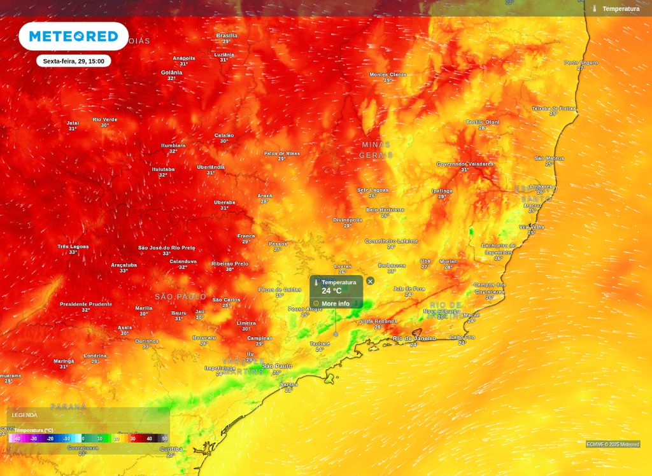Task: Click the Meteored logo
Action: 73,36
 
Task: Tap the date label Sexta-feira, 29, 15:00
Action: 73,61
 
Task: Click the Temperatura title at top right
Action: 620,9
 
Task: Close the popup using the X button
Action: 371,281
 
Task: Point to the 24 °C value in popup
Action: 332,291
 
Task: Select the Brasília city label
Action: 227,36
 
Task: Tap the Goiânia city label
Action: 171,73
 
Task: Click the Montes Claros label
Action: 388,74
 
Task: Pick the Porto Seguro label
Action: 581,62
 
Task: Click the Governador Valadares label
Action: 465,164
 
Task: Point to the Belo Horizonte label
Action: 385,209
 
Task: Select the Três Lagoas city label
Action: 73,247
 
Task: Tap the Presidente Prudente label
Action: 86,304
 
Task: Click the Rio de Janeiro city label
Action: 414,339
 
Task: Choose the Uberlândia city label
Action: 211,167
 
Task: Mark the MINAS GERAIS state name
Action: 376,150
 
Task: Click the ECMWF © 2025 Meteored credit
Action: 613,444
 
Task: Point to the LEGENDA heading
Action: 24,415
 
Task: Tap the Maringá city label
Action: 64,361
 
